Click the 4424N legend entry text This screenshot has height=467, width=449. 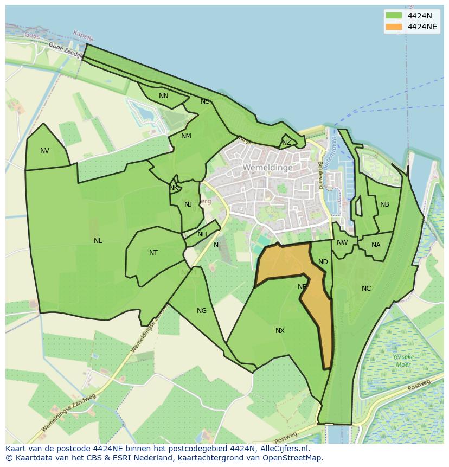(420, 16)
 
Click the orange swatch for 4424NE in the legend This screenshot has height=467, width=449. (394, 27)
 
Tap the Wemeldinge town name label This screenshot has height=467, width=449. (267, 168)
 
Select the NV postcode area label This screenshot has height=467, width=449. (44, 151)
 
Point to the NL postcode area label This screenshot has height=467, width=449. (98, 241)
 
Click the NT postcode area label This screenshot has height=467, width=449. (153, 253)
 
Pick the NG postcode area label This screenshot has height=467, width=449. (202, 311)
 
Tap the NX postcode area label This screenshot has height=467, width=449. (280, 331)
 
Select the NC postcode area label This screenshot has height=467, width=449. (366, 289)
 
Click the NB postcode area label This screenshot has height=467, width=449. (384, 204)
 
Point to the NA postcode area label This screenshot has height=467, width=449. (376, 245)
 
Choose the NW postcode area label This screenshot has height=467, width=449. (342, 242)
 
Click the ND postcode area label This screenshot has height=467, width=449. (323, 262)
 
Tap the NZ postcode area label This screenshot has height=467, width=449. (286, 143)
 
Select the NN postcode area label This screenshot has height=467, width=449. (163, 96)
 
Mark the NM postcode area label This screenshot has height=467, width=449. (186, 136)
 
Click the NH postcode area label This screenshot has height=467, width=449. (202, 234)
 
